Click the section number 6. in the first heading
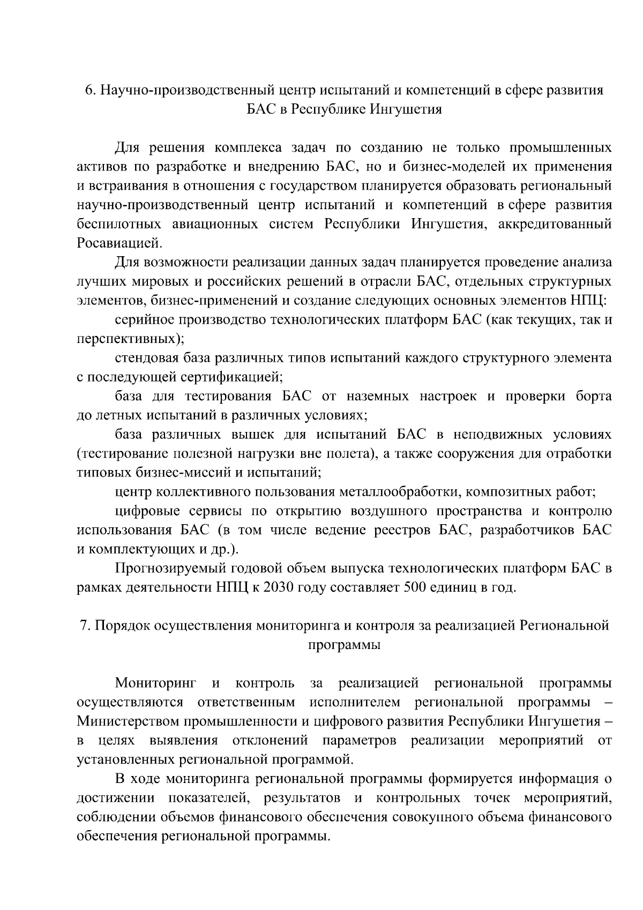pos(91,90)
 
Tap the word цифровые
pos(146,511)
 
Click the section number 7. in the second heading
pos(85,625)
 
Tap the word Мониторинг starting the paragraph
pos(156,683)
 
